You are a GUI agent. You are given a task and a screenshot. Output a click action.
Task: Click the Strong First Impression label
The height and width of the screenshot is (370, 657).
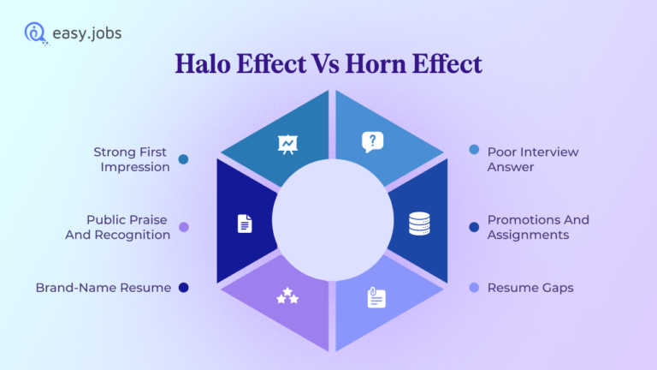(132, 159)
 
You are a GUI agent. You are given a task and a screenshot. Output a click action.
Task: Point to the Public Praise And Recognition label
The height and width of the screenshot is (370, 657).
(118, 227)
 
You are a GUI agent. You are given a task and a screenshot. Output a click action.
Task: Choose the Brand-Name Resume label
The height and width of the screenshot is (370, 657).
(103, 288)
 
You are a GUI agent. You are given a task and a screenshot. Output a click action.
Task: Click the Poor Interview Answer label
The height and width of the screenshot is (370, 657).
(532, 159)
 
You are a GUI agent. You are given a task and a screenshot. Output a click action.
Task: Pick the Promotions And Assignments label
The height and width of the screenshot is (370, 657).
(538, 227)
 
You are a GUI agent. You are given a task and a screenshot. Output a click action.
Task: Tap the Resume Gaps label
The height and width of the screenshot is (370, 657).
(530, 288)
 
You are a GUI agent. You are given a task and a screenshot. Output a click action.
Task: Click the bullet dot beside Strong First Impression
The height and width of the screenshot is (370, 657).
(183, 158)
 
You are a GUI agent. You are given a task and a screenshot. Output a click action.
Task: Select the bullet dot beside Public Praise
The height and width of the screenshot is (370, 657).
(183, 227)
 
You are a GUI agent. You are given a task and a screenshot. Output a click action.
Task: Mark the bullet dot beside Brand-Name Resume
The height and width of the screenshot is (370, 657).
(183, 288)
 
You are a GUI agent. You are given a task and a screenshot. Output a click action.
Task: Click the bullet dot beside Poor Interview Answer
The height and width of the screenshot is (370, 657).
(474, 150)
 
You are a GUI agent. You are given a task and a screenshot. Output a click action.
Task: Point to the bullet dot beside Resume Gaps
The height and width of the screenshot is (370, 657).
(474, 288)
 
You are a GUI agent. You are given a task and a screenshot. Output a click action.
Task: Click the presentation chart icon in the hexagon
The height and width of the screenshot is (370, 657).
(287, 143)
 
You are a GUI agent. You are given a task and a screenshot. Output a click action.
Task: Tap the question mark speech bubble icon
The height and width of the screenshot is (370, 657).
(372, 142)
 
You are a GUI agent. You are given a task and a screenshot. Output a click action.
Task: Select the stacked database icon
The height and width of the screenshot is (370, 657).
(419, 224)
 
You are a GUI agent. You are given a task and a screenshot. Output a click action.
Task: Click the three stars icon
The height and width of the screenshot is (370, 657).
(287, 296)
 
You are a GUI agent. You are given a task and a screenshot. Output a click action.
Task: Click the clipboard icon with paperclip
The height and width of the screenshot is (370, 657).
(376, 297)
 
